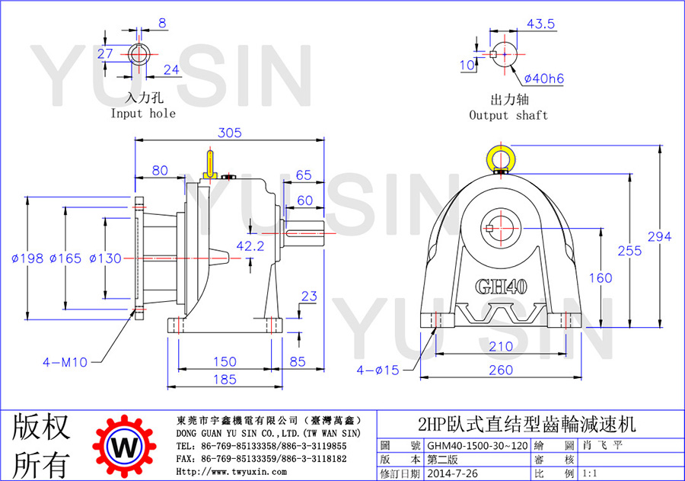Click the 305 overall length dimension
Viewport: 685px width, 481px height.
click(x=229, y=133)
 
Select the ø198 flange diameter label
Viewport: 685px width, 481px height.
click(x=27, y=258)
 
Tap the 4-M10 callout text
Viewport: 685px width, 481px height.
click(x=65, y=362)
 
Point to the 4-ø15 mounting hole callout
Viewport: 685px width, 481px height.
click(x=378, y=370)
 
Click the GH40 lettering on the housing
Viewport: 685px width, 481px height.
click(x=501, y=287)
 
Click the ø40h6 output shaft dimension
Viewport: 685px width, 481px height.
click(x=544, y=79)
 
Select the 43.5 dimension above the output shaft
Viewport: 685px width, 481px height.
click(x=540, y=24)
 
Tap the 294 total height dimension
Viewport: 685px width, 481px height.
click(x=659, y=237)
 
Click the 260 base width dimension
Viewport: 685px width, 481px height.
click(x=501, y=370)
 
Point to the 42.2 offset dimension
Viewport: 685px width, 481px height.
click(x=250, y=246)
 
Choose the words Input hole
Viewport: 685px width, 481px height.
click(x=143, y=114)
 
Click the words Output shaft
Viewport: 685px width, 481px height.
click(x=508, y=115)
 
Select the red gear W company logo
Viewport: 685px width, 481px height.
click(x=125, y=447)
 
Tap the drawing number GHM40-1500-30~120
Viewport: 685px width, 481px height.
click(x=477, y=446)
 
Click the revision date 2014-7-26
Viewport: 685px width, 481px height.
click(x=452, y=473)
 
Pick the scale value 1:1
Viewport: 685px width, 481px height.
click(x=590, y=473)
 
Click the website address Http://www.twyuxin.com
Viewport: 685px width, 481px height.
click(x=231, y=472)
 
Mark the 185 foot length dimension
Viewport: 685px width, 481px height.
click(x=225, y=380)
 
